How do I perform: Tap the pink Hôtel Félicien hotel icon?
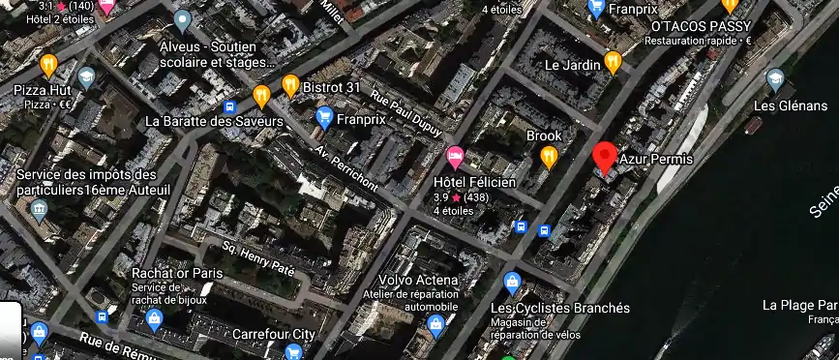click(x=455, y=156)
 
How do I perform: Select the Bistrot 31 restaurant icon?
click(x=289, y=87)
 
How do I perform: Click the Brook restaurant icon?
click(x=549, y=157)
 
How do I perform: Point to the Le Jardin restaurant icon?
click(x=612, y=63)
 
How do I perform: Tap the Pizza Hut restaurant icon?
click(x=48, y=66)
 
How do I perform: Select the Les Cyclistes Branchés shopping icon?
click(x=513, y=284)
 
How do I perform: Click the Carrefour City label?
click(x=274, y=334)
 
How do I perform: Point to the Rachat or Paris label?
click(x=177, y=273)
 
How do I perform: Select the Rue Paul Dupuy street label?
click(x=406, y=115)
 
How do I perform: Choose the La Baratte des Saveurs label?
click(x=213, y=122)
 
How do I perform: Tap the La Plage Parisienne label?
click(x=799, y=305)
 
